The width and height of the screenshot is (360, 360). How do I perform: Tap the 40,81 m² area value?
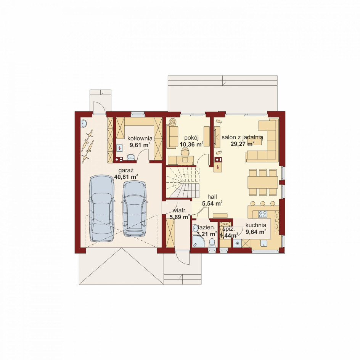coord(126,177)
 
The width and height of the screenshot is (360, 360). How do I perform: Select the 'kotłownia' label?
coord(140,138)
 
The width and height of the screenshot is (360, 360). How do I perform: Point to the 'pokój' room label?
coord(191,138)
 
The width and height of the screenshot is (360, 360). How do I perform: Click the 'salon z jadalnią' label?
coord(242,138)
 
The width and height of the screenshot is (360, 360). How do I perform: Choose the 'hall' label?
coord(212,197)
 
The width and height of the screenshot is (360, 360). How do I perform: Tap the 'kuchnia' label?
coord(256,225)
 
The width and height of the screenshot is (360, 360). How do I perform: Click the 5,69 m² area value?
coord(180,217)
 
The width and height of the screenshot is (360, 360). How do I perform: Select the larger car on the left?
coord(101,208)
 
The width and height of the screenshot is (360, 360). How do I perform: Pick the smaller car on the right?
coord(135,209)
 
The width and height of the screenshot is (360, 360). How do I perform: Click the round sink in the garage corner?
coord(84,124)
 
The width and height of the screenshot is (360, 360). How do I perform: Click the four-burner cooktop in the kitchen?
coord(263,214)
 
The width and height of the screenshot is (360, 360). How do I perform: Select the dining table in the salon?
coord(263,182)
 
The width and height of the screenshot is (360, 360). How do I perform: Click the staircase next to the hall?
coord(182,182)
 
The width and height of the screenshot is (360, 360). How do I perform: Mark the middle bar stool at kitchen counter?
coord(263,203)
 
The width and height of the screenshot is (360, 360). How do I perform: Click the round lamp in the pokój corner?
coord(172,122)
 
